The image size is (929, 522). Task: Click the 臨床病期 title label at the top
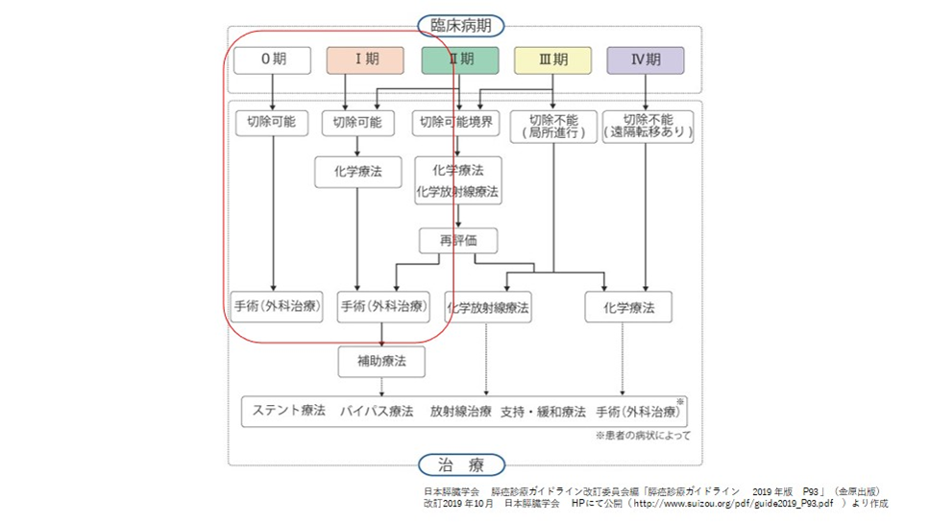(461, 26)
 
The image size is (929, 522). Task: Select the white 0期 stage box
(273, 59)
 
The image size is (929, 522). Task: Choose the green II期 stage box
(460, 59)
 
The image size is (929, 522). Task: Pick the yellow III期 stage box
(552, 59)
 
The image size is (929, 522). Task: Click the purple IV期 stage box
(645, 59)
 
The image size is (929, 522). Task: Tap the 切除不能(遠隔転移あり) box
(647, 126)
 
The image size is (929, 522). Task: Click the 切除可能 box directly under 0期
(273, 123)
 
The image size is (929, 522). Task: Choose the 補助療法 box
(381, 362)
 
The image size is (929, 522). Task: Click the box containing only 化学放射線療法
(489, 308)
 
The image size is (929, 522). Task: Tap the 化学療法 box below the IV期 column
(628, 308)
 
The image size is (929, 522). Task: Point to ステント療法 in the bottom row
(285, 411)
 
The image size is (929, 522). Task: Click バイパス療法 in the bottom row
(376, 411)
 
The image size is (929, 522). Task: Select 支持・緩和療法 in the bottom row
(543, 411)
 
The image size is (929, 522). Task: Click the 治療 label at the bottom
(461, 465)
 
